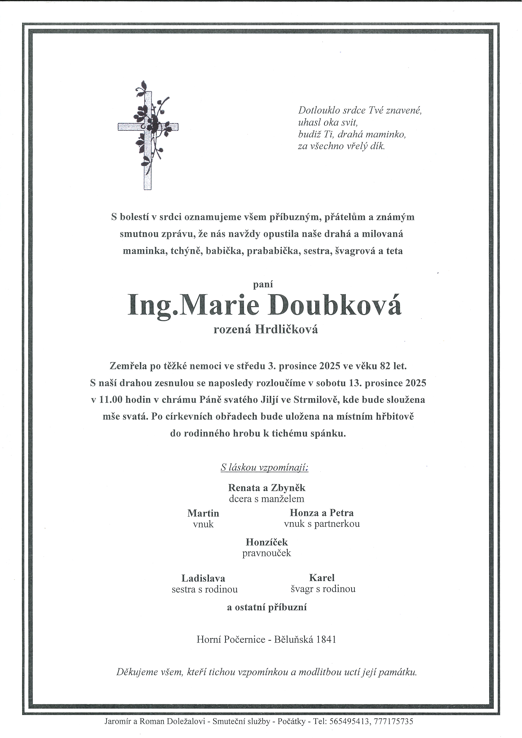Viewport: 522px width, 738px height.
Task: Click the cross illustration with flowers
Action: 148,135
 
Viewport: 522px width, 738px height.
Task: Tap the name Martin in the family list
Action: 203,513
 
